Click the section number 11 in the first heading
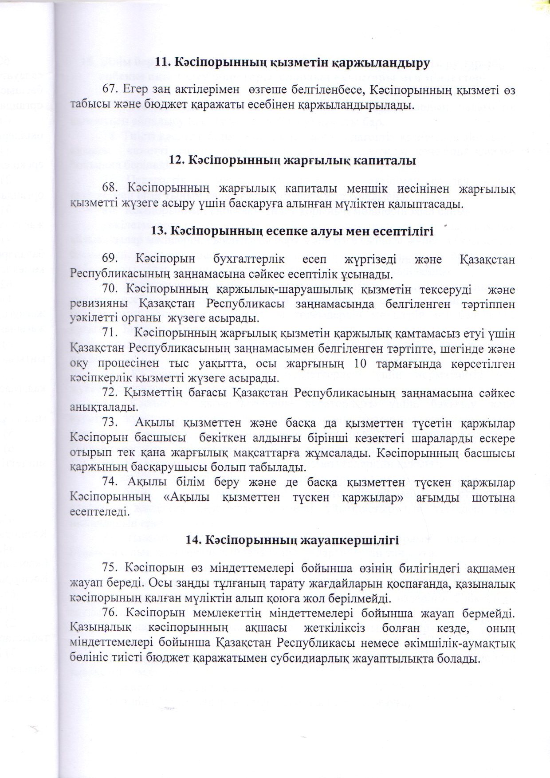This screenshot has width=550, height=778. (161, 64)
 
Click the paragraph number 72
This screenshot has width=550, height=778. (110, 393)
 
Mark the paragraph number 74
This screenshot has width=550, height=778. (110, 483)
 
